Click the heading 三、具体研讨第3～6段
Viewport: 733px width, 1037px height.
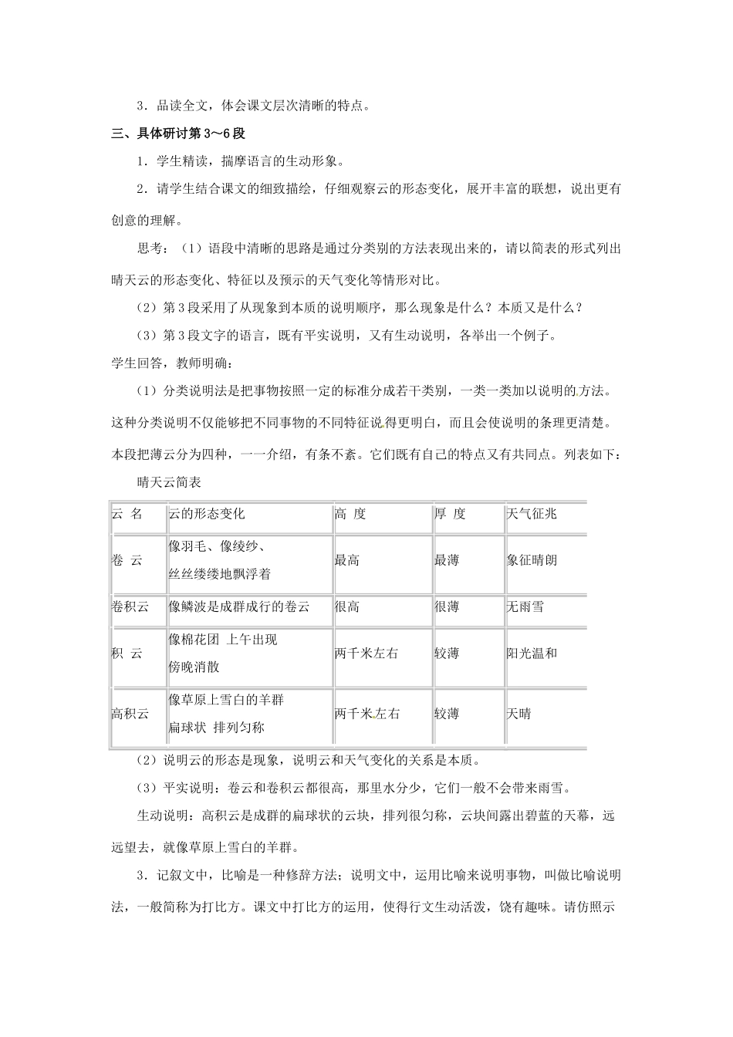tap(178, 133)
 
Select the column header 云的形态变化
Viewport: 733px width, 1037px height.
tap(206, 514)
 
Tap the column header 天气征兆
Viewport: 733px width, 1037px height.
tap(532, 514)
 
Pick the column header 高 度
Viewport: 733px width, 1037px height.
tap(350, 514)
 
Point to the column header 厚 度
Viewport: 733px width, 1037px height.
tap(450, 514)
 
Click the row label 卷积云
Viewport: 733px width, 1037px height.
tap(130, 606)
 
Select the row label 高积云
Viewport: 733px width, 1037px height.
tap(130, 714)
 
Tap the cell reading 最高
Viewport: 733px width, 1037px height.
tap(347, 561)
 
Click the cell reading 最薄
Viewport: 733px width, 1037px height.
tap(447, 561)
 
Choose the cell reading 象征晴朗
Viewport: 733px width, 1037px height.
tap(532, 561)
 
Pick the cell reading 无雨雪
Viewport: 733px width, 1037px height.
tap(525, 606)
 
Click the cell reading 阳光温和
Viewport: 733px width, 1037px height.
tap(532, 654)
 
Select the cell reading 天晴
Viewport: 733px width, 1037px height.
tap(519, 714)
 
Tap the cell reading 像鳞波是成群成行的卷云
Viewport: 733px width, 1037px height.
tap(239, 606)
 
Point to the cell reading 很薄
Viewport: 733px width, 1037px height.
tap(447, 606)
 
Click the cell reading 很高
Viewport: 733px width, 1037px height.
tap(347, 606)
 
